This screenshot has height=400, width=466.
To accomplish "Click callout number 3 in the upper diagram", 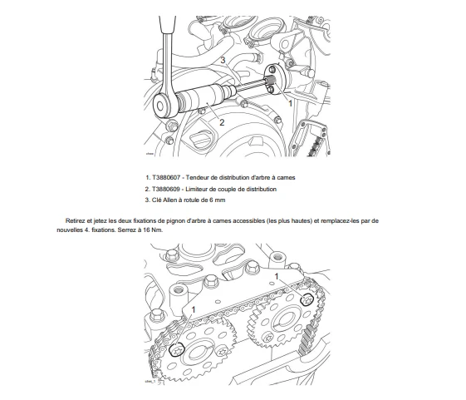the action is tap(223, 60).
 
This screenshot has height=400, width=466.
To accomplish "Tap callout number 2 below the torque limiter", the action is tap(222, 122).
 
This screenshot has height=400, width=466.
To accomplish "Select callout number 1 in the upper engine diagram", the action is tap(291, 103).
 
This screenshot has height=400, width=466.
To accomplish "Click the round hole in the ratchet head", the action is tap(160, 106).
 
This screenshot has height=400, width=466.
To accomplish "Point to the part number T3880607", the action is tap(166, 178).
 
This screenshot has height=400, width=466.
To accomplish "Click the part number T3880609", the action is tap(166, 189).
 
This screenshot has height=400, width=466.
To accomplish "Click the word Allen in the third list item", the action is tap(169, 200).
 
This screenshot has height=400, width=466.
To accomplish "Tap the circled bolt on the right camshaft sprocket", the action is tap(307, 299).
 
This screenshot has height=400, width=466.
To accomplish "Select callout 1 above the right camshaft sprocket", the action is tap(277, 276).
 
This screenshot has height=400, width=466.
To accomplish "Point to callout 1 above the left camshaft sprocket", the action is tap(194, 310).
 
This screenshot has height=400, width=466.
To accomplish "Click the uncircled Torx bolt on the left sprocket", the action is tap(222, 352).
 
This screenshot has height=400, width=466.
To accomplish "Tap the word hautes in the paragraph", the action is tap(303, 221).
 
